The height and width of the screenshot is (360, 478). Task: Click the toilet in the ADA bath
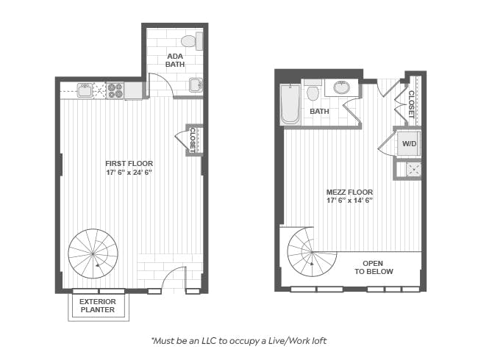click(x=192, y=41)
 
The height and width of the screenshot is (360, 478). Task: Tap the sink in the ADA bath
click(x=196, y=85)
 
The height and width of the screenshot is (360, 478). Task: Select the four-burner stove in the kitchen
click(x=115, y=90)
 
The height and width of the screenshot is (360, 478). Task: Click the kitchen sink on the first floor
click(x=85, y=90)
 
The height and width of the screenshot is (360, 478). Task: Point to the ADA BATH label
click(x=175, y=60)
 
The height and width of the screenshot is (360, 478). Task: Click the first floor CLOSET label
click(x=193, y=140)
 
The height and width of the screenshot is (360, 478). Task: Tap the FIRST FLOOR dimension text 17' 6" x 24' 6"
click(x=129, y=173)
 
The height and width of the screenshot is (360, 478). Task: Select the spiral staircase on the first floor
click(x=93, y=253)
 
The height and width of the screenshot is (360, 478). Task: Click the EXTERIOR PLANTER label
click(x=98, y=306)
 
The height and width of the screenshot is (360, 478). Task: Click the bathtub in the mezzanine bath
click(x=290, y=104)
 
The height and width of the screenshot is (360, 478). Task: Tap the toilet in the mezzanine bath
click(x=313, y=90)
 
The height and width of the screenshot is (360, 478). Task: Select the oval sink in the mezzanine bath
click(x=342, y=87)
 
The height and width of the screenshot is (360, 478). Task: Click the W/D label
click(x=409, y=144)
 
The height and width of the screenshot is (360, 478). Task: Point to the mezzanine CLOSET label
click(x=411, y=104)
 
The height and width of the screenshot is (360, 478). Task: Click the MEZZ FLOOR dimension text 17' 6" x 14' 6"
click(x=350, y=201)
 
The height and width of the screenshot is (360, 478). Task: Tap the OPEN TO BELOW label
click(x=374, y=267)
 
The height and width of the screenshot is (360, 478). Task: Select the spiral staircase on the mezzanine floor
click(x=312, y=252)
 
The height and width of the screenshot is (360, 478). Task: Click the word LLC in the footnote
click(x=210, y=341)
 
